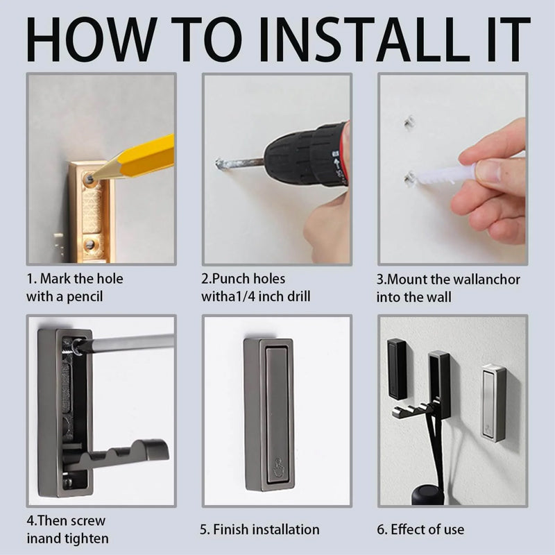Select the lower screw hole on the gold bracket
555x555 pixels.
click(x=90, y=244)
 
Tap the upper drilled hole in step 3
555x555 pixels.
click(x=409, y=122)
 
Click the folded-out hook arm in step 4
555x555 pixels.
click(x=117, y=455)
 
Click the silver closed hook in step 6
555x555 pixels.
click(x=494, y=403)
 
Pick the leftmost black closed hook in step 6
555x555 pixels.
click(x=397, y=369)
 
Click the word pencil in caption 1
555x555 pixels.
click(x=85, y=297)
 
